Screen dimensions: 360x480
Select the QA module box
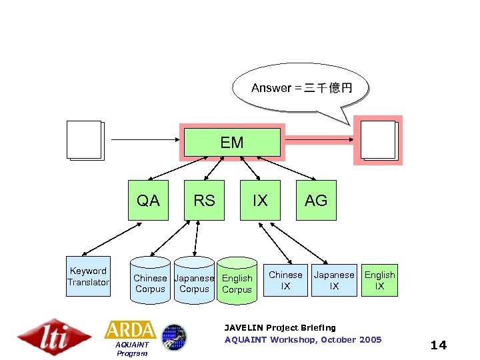point(148,200)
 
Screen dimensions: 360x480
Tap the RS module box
point(204,200)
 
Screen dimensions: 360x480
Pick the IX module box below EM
point(260,200)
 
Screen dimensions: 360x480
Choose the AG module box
point(316,200)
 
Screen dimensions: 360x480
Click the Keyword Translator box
point(88,277)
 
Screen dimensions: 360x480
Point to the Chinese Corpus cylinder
point(150,283)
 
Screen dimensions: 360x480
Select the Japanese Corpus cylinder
point(194,283)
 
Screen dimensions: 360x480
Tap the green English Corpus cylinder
point(237,283)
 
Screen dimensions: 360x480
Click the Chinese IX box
point(285,280)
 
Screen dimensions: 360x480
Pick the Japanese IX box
point(334,280)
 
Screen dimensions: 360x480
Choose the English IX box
point(379,280)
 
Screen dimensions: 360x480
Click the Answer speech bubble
point(301,88)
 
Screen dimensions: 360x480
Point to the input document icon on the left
point(85,140)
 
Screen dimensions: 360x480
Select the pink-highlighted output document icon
point(378,141)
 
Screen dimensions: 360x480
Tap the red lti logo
point(55,336)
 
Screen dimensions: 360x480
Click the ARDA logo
point(131,330)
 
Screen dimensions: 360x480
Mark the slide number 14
point(439,345)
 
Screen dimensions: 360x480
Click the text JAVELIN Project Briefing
point(280,328)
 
